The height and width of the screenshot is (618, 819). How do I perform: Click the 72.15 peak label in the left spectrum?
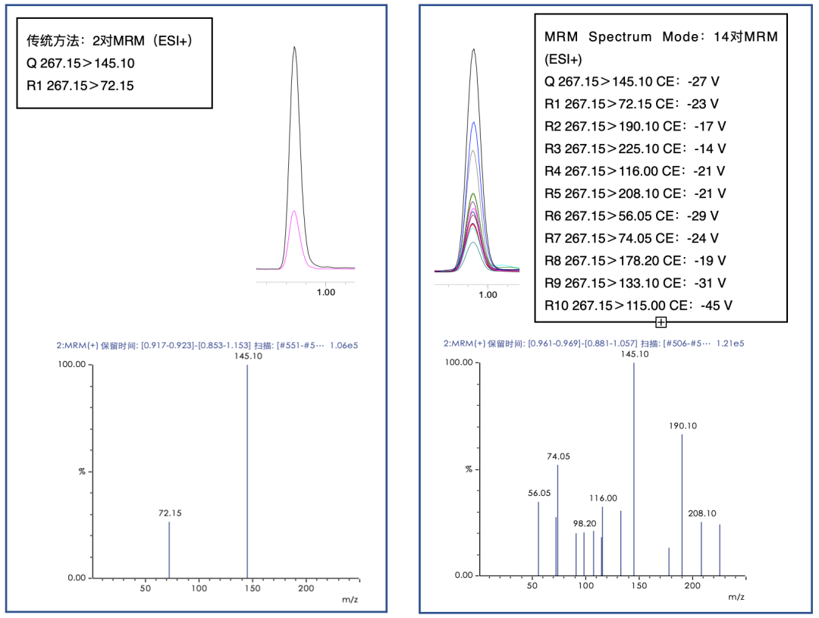(x=170, y=513)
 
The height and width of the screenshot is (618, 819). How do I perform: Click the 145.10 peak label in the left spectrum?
(x=247, y=356)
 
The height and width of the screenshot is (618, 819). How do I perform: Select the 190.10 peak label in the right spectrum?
(x=682, y=426)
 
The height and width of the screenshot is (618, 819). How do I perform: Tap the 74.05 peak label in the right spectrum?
(x=558, y=456)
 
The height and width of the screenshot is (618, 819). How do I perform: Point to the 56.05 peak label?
(x=539, y=493)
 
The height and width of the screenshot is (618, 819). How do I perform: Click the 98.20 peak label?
(x=585, y=523)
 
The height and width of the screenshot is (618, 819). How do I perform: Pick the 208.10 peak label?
(x=701, y=513)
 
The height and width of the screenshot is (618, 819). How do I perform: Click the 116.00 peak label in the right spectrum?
(x=604, y=498)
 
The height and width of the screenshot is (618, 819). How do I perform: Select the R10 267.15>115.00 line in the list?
(x=639, y=306)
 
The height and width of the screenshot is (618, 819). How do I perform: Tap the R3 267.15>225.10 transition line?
(x=635, y=149)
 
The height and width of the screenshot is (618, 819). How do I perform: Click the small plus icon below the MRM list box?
(x=661, y=322)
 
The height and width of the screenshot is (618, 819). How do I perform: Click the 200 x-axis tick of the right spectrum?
(x=691, y=586)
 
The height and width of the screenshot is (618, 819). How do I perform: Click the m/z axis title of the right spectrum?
(x=736, y=597)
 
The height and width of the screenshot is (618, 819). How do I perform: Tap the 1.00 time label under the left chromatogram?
(x=325, y=292)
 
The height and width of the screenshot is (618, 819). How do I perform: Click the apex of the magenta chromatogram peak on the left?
(x=293, y=211)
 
